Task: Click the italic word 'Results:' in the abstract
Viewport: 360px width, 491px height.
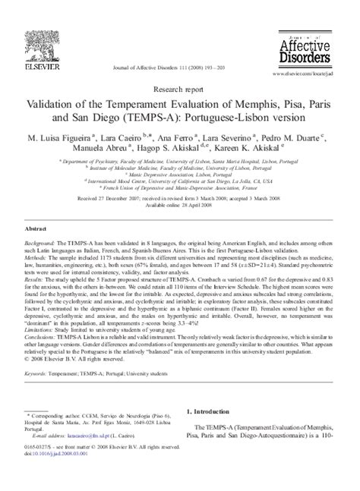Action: pyautogui.click(x=36, y=288)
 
